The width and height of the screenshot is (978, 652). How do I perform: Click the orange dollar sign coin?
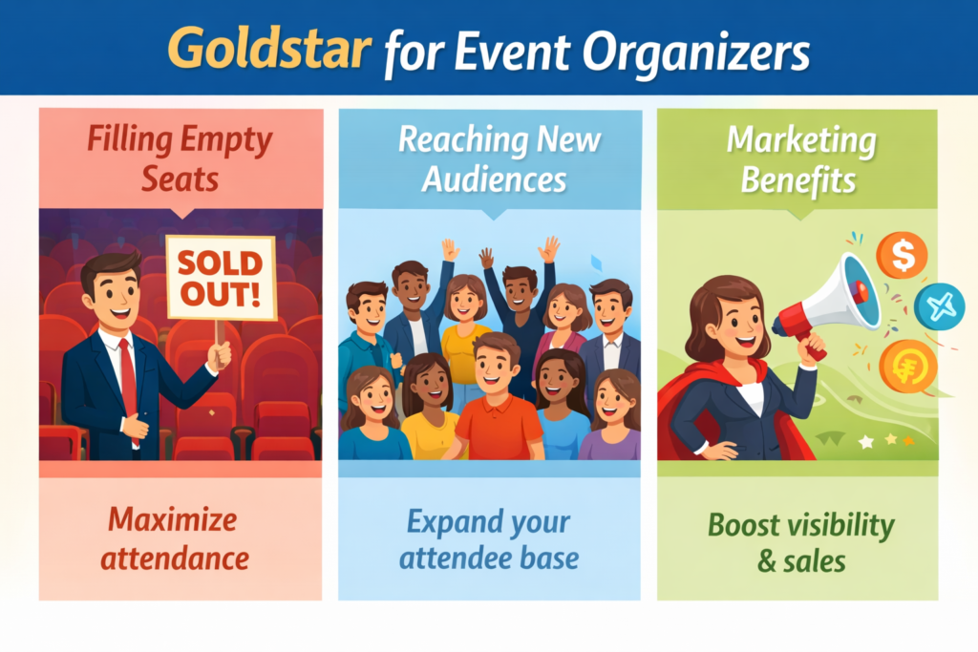pos(901,256)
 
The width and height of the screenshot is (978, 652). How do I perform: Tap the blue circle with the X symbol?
pos(939,306)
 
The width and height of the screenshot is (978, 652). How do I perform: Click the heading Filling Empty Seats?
pos(180,158)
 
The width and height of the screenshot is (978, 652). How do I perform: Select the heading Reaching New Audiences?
pos(499,158)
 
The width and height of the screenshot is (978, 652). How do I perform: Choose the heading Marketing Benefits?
pos(800,158)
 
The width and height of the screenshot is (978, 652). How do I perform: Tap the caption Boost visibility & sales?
pos(800,542)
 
